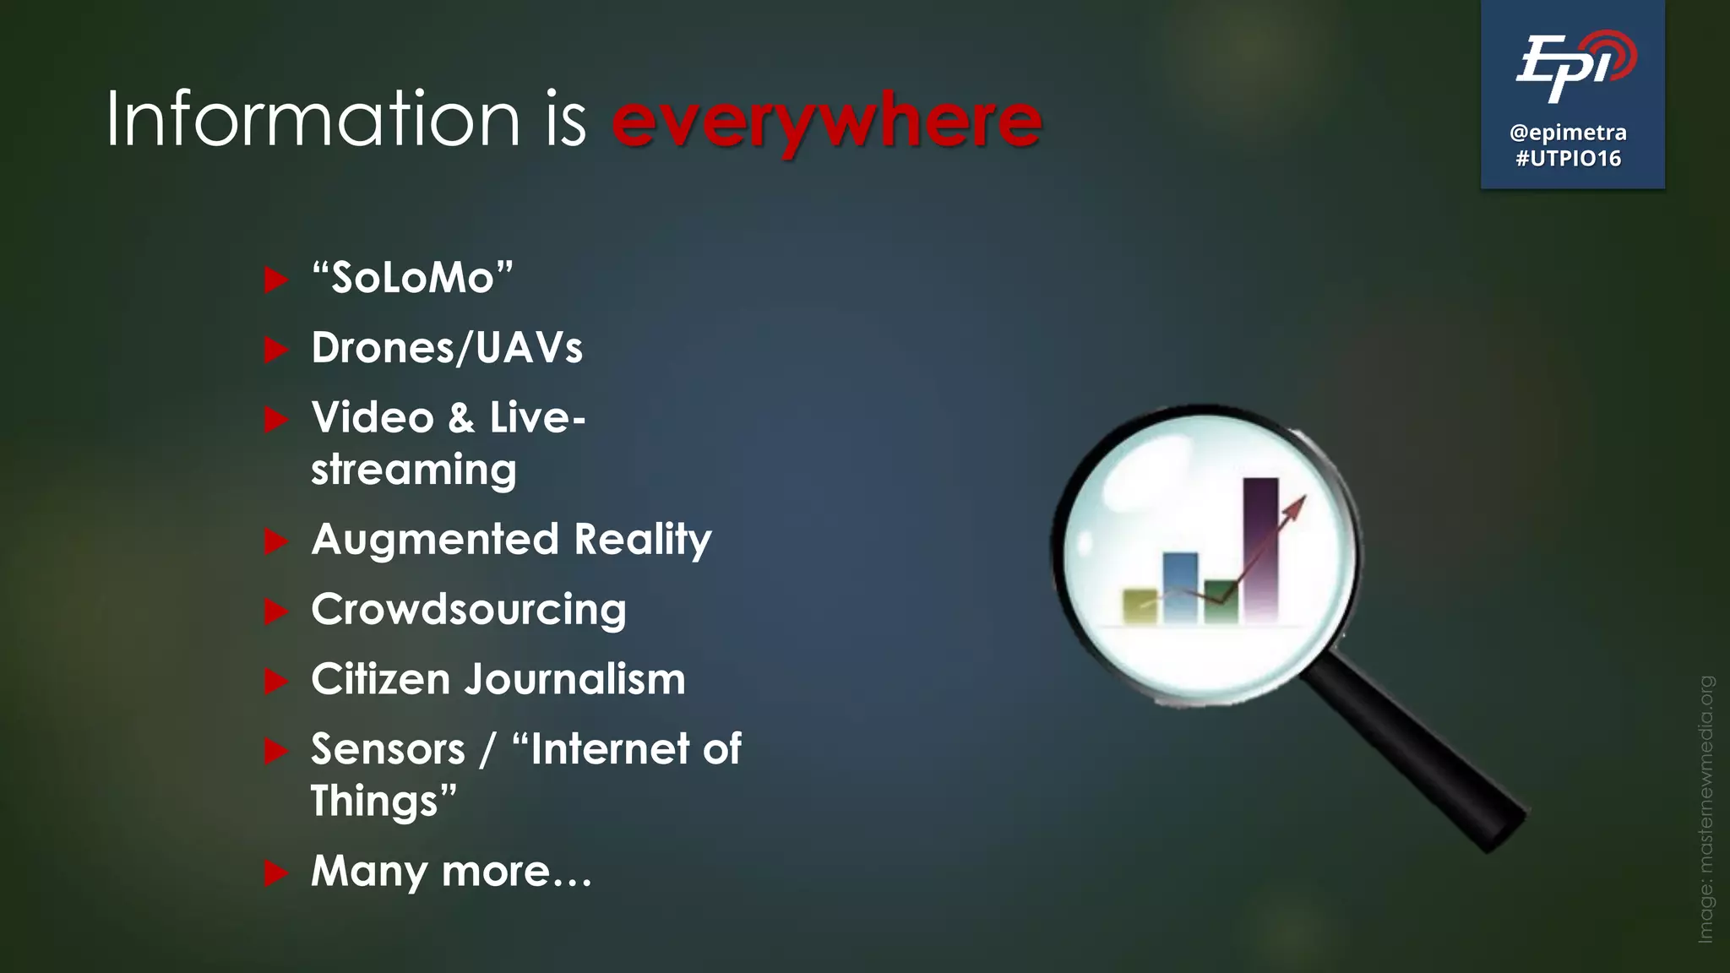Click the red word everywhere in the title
tap(826, 121)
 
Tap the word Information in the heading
tap(313, 119)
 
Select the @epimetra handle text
tap(1568, 133)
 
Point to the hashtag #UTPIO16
tap(1568, 159)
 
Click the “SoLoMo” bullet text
tap(412, 278)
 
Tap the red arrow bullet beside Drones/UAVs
tap(275, 349)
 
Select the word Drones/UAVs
tap(447, 348)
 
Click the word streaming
tap(413, 470)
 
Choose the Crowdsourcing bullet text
tap(469, 610)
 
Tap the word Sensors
tap(388, 749)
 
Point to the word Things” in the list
tap(384, 801)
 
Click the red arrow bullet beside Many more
tap(275, 872)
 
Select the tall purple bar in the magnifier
tap(1260, 549)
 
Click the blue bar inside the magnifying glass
tap(1180, 587)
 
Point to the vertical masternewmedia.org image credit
tap(1706, 808)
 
